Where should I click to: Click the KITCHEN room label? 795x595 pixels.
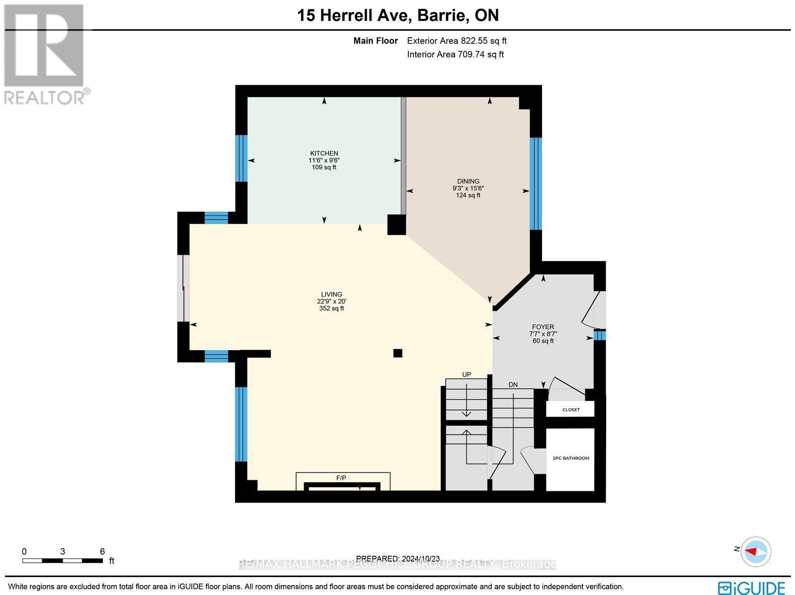[x=324, y=153]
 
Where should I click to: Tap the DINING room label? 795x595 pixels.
[x=468, y=181]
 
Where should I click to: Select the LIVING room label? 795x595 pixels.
[x=331, y=295]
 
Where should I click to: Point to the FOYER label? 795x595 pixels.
[x=543, y=327]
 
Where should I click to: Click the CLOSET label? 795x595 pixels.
[x=570, y=410]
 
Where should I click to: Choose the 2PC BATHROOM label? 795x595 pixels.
[x=570, y=458]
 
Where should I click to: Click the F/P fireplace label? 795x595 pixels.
[x=341, y=478]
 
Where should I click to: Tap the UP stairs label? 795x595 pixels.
[x=466, y=374]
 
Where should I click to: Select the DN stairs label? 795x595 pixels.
[x=513, y=384]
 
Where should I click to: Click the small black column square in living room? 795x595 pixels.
[x=397, y=353]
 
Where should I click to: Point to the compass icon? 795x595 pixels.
[x=756, y=551]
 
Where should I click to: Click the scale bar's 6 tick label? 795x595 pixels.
[x=102, y=551]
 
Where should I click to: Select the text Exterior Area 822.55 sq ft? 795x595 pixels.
[x=457, y=41]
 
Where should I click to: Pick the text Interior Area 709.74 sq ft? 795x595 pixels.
[x=455, y=55]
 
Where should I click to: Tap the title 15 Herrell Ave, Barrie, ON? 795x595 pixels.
[x=397, y=15]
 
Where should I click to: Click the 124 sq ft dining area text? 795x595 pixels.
[x=468, y=195]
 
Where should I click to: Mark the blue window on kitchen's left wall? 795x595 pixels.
[x=241, y=158]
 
